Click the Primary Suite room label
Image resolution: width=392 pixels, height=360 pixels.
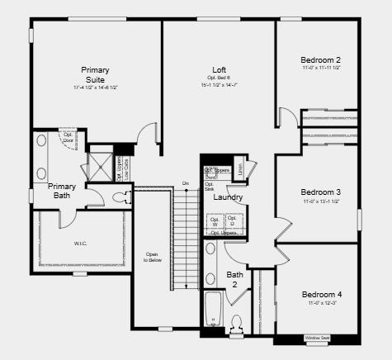(95, 74)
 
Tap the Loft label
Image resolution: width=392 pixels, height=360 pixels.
(219, 69)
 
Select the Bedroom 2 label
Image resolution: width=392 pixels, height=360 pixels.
(321, 59)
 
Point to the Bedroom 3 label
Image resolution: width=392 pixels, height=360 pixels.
(321, 192)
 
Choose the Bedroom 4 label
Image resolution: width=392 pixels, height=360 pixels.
(321, 295)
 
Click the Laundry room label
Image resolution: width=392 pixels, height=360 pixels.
(228, 197)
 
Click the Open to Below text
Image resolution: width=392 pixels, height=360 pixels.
(152, 257)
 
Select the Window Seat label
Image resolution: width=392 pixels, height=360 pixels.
(317, 338)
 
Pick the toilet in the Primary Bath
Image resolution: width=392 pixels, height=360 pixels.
(120, 197)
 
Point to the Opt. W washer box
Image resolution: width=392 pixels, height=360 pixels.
(215, 221)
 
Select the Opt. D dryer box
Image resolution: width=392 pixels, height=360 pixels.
(232, 221)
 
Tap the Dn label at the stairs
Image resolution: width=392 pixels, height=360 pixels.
(186, 183)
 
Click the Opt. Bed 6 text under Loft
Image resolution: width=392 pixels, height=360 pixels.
(219, 78)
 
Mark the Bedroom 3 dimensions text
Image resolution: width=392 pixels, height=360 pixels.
(321, 201)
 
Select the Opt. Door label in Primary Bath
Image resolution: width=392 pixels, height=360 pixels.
(68, 137)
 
